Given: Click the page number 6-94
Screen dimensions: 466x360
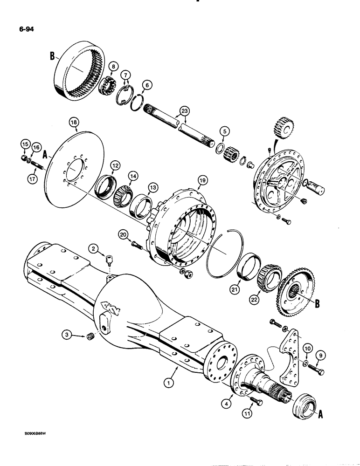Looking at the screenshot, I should [23, 31].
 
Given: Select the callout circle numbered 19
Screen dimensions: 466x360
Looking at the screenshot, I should [202, 179].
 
